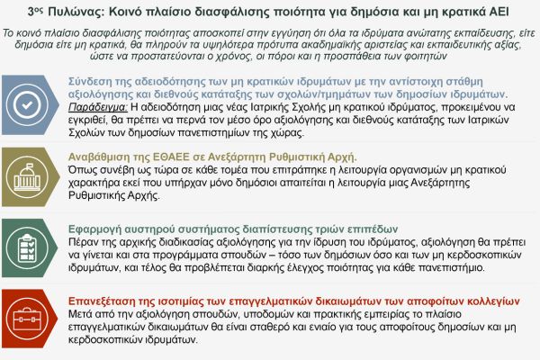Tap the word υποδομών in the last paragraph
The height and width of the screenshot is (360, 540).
(x=247, y=313)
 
